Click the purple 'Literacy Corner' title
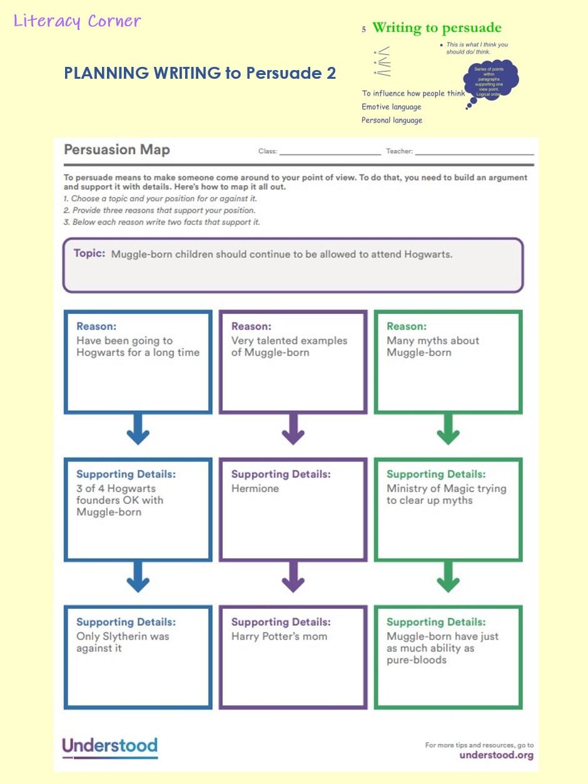(77, 21)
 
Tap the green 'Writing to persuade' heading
(437, 28)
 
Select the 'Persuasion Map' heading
(117, 150)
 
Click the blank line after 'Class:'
(330, 152)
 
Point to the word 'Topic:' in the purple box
(89, 254)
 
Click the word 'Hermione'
(255, 489)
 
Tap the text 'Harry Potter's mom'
(279, 636)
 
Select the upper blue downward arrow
(138, 430)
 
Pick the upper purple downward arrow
(293, 430)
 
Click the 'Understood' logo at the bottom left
(109, 746)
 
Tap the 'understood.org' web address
(496, 755)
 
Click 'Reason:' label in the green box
(407, 326)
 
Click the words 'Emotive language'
(392, 107)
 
